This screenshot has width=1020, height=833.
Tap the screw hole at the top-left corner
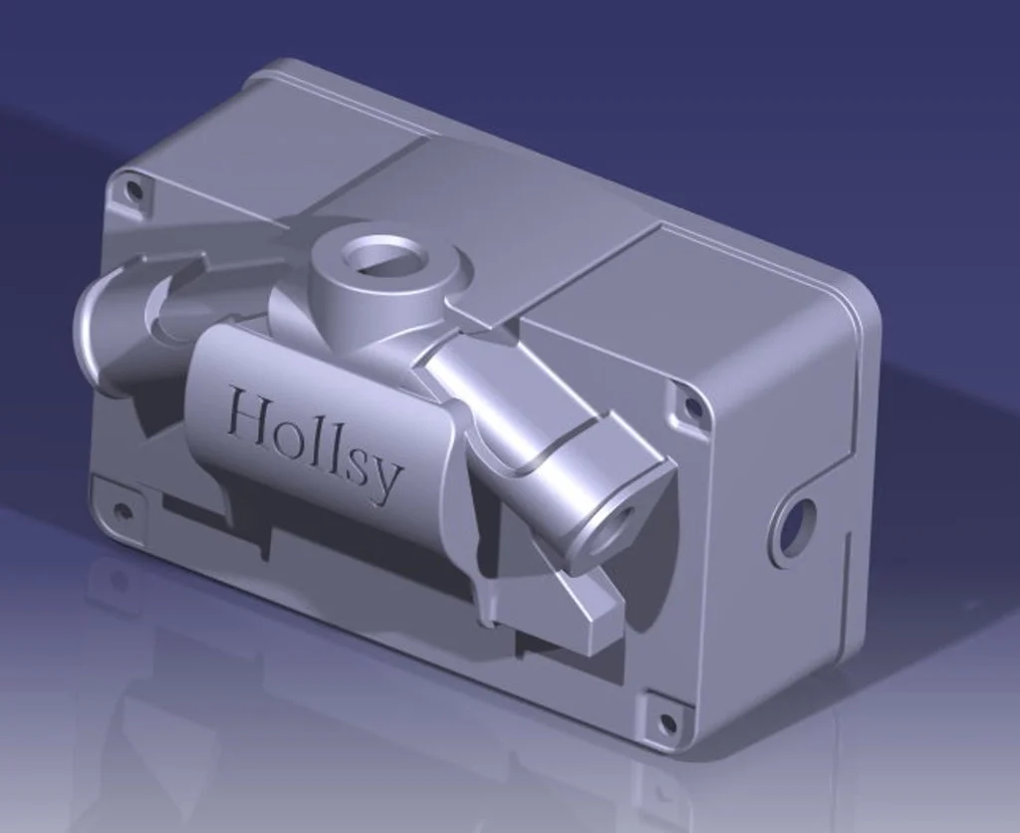point(134,191)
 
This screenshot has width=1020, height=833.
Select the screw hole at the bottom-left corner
point(120,511)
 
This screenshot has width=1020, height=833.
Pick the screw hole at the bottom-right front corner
point(666,721)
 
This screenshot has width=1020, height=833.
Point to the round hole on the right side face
point(794,527)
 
